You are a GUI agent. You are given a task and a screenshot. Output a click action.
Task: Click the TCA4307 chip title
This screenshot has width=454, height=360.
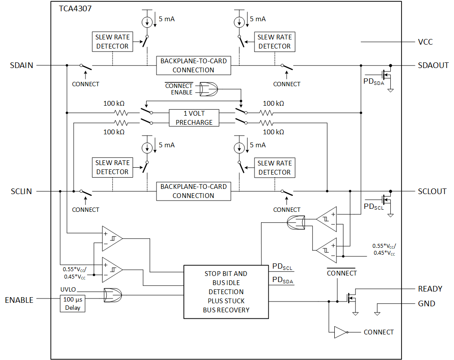pyautogui.click(x=75, y=8)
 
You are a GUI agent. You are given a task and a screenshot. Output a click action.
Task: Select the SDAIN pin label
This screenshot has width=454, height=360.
pyautogui.click(x=21, y=65)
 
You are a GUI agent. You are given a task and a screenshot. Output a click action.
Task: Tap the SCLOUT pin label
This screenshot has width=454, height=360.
pyautogui.click(x=432, y=191)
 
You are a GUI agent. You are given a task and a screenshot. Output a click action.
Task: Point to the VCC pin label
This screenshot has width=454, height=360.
pyautogui.click(x=425, y=42)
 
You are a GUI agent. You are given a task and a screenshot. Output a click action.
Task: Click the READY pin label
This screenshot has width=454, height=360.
pyautogui.click(x=430, y=289)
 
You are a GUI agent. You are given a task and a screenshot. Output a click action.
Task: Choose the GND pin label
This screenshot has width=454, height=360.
pyautogui.click(x=426, y=304)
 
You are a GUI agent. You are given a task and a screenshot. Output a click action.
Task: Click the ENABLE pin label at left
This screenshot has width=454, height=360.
pyautogui.click(x=19, y=300)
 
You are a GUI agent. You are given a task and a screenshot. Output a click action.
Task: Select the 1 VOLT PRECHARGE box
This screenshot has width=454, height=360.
pyautogui.click(x=194, y=118)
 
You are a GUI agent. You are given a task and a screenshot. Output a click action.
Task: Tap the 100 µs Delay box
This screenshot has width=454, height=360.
pyautogui.click(x=72, y=303)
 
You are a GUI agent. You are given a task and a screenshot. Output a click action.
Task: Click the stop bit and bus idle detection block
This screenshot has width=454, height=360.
pyautogui.click(x=226, y=292)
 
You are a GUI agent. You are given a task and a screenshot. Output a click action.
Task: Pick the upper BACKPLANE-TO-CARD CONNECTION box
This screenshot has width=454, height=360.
pyautogui.click(x=193, y=65)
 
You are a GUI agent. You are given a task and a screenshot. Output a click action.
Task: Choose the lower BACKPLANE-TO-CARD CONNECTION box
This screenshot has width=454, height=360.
pyautogui.click(x=193, y=191)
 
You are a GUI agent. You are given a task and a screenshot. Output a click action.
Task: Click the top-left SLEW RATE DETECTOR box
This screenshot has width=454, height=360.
pyautogui.click(x=112, y=42)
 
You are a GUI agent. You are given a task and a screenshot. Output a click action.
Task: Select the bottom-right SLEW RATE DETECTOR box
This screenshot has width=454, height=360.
pyautogui.click(x=274, y=168)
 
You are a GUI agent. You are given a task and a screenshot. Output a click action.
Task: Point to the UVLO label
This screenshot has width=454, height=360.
pyautogui.click(x=68, y=289)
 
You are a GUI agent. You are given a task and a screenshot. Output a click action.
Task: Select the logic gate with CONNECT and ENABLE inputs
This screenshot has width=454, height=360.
pyautogui.click(x=209, y=89)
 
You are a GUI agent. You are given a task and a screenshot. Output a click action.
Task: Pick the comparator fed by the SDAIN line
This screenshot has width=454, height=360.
pyautogui.click(x=111, y=238)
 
